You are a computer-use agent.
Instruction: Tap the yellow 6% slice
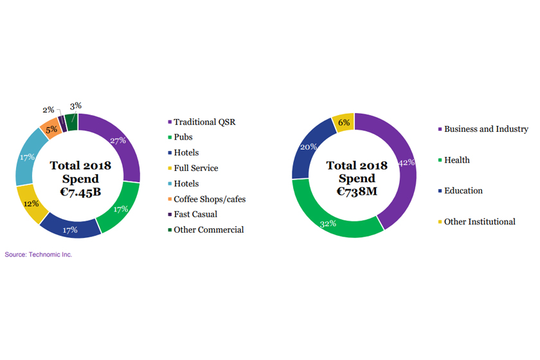(x=343, y=122)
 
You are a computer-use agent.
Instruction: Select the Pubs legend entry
(x=183, y=137)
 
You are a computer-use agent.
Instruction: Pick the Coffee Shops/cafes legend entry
(x=209, y=199)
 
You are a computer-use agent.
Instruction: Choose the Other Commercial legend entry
(x=208, y=230)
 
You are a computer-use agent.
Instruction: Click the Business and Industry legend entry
(x=485, y=129)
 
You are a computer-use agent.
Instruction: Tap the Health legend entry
(x=456, y=160)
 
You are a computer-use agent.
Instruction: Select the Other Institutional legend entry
(x=479, y=222)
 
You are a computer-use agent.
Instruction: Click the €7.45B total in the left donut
(x=80, y=191)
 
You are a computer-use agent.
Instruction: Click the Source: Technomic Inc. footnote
(x=39, y=255)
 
